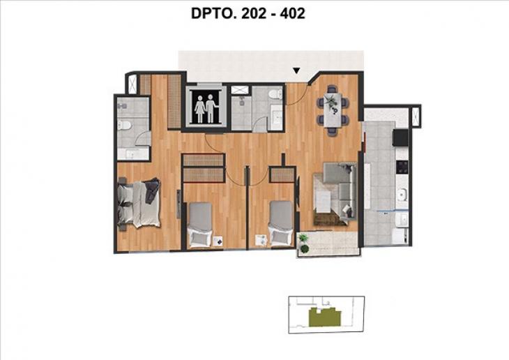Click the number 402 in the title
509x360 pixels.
pos(291,13)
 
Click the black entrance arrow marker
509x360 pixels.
pos(296,70)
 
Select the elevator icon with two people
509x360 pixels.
pos(205,107)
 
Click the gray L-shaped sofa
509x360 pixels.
pos(342,188)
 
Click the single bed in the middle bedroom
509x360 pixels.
pos(200,223)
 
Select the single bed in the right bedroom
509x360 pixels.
pos(280,223)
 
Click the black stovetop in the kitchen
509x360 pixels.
pos(400,167)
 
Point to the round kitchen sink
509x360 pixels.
pos(401,194)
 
